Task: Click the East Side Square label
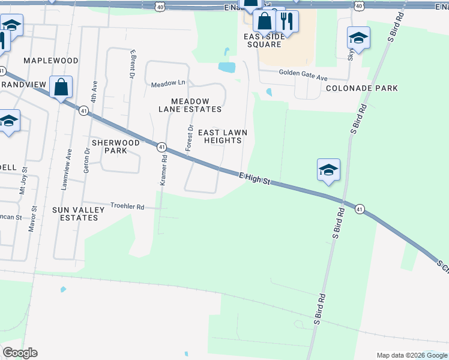click(263, 40)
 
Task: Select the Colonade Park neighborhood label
click(362, 88)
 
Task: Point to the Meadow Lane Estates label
click(190, 105)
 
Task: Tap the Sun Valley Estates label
click(75, 214)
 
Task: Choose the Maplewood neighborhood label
click(51, 61)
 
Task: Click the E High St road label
click(255, 178)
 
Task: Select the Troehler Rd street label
click(127, 206)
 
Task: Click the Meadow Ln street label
click(169, 83)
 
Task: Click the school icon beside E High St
click(328, 170)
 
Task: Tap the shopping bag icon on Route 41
click(61, 88)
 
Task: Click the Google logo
click(20, 353)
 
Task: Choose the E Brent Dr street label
click(131, 64)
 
